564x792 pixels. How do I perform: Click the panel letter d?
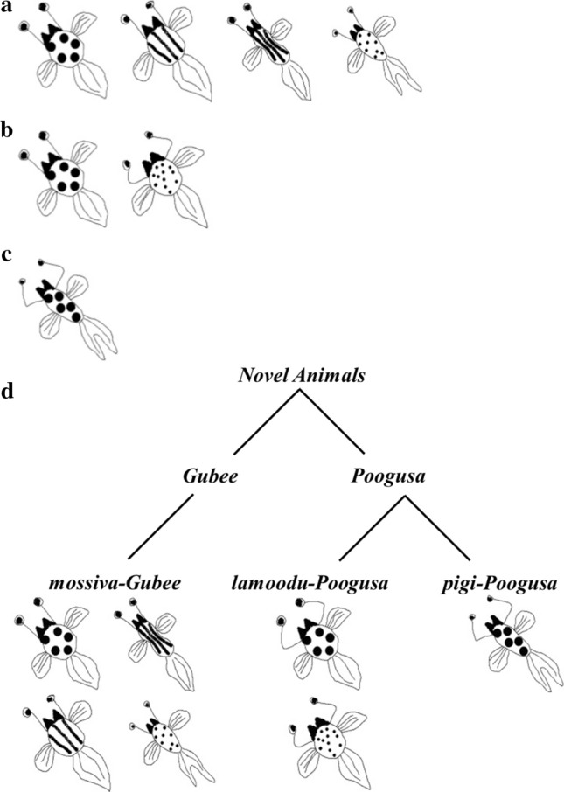click(8, 391)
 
